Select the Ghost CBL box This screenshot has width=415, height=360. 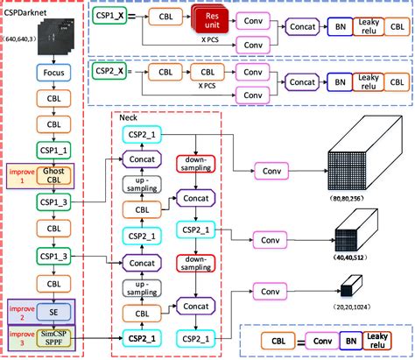(54, 174)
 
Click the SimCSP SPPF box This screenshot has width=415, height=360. (54, 340)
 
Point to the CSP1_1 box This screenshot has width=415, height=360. (53, 149)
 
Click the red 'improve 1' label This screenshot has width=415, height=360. (20, 173)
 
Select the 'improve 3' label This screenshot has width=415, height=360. (20, 338)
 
